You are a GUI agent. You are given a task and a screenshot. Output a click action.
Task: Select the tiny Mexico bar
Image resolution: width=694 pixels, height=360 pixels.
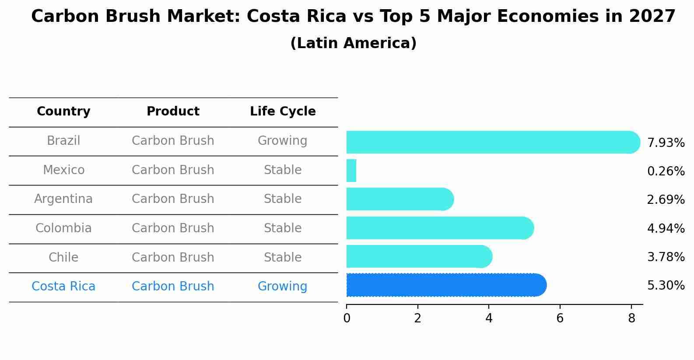pos(351,171)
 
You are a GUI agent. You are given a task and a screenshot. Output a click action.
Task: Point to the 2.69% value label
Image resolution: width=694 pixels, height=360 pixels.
pos(666,200)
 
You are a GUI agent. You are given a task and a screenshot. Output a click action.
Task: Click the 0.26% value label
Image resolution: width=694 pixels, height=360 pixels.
pos(666,171)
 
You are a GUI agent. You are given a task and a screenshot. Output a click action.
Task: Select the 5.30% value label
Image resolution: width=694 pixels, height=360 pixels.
pos(666,286)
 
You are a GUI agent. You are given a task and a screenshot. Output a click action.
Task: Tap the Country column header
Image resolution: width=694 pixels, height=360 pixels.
pos(63,112)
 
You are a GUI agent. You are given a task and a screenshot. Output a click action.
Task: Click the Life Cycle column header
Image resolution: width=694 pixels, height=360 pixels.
pos(283,112)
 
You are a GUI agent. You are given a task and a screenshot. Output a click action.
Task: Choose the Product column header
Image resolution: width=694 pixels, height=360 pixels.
pos(173,112)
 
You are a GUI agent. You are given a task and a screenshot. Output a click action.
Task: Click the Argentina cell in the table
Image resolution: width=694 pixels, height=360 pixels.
pos(63,199)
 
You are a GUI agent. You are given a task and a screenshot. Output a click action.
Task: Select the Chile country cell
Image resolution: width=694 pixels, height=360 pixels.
pos(63,257)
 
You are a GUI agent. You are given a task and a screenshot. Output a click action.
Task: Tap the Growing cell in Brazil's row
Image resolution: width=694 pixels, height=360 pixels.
pos(282,141)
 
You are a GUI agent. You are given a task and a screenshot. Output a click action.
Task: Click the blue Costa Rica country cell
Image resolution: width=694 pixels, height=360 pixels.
pos(63,287)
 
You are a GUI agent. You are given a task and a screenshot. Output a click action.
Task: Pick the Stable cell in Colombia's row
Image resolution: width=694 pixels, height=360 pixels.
pos(283,228)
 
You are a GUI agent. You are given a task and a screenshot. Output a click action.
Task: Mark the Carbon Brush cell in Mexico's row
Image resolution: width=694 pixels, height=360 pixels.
pos(173,170)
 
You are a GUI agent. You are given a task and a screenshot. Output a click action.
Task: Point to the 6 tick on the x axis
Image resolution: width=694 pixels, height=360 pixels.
pos(560,318)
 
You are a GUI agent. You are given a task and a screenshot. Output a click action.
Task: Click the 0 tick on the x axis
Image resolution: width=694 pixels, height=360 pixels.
pos(347,318)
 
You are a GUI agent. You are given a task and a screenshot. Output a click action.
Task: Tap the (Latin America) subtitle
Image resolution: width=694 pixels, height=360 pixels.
pos(353,43)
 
